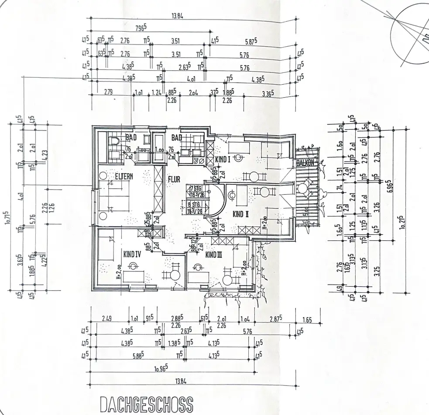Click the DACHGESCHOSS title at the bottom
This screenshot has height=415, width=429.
146,405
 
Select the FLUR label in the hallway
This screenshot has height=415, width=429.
174,179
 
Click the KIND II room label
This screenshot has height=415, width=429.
240,214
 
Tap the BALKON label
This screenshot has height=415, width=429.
305,163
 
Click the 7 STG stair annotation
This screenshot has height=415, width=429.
195,189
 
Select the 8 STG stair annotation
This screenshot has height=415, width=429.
195,204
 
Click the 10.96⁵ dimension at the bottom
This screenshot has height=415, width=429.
161,369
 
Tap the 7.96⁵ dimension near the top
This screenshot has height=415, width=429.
140,27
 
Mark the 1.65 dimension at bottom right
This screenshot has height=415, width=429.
307,320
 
